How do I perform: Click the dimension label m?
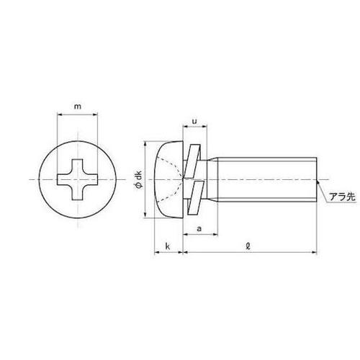(x=77, y=108)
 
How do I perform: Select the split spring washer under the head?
(x=190, y=179)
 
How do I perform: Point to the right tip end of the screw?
(x=315, y=179)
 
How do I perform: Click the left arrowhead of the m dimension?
(x=58, y=119)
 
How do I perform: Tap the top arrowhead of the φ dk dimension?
(x=148, y=143)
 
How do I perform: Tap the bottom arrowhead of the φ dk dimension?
(x=148, y=215)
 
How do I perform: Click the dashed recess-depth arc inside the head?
(x=174, y=179)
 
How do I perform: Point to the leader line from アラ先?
(x=323, y=188)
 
